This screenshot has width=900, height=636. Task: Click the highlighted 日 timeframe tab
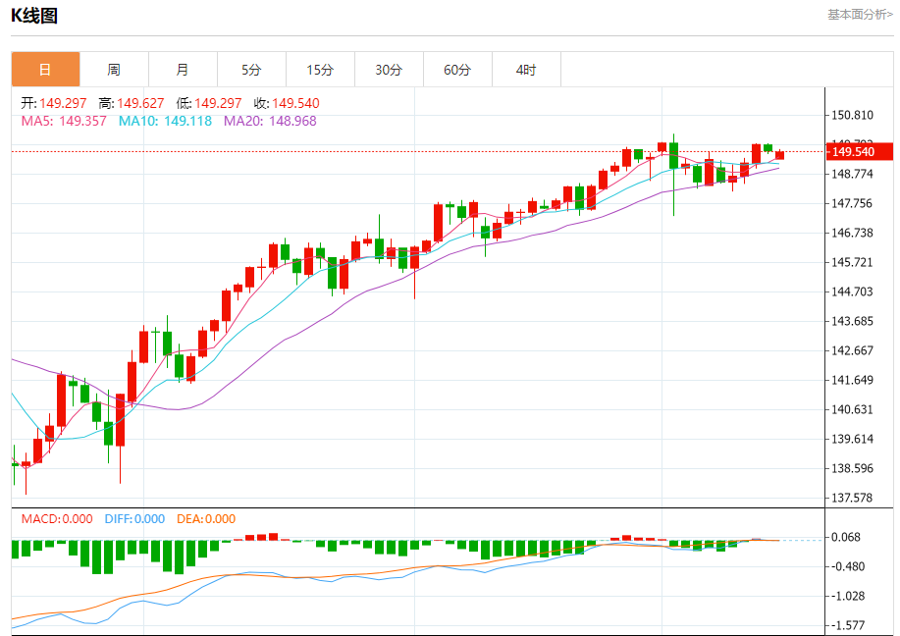tap(45, 70)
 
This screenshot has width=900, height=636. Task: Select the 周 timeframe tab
tap(114, 70)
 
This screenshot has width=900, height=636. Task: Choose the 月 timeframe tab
tap(183, 70)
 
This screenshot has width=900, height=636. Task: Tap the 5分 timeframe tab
tap(251, 70)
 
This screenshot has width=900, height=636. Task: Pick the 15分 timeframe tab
tap(320, 70)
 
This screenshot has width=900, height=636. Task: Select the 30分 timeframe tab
tap(389, 70)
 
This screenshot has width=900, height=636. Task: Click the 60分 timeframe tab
tap(457, 70)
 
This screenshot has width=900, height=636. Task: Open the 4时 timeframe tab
tap(526, 70)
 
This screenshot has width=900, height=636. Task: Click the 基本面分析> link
tap(860, 15)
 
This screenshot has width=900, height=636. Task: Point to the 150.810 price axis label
tap(852, 115)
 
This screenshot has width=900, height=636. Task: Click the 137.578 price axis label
tap(852, 498)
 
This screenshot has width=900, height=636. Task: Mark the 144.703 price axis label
tap(852, 291)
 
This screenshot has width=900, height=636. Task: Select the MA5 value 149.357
tap(82, 121)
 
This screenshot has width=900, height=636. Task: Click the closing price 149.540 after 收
tap(295, 103)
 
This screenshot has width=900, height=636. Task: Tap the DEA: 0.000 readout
tap(206, 519)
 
